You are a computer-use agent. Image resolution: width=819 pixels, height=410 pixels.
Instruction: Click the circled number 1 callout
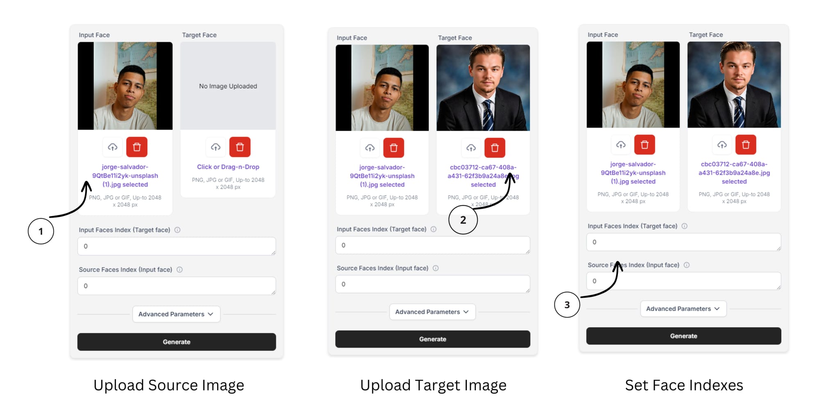(x=41, y=231)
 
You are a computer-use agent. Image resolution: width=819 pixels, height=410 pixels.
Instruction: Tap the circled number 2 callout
(x=463, y=220)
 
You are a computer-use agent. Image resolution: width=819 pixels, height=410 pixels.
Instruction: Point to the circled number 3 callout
(x=567, y=305)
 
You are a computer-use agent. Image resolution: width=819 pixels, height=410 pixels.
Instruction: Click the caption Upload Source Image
(x=169, y=385)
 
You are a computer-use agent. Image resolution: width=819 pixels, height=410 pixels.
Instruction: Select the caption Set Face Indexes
(x=684, y=385)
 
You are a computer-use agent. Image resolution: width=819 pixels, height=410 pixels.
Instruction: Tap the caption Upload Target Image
(x=433, y=385)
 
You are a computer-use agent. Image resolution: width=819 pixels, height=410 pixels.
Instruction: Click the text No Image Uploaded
(x=228, y=86)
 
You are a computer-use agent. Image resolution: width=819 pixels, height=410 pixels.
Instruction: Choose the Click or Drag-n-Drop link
(x=228, y=167)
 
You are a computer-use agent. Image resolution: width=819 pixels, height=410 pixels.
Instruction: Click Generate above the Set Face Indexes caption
(x=684, y=336)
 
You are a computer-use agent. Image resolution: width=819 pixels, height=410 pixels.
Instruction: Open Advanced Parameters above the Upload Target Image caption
(x=432, y=312)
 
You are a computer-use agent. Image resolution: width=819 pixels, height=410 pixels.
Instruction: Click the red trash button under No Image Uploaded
(x=240, y=147)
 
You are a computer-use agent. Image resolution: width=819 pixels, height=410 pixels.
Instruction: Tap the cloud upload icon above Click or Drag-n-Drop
(x=216, y=147)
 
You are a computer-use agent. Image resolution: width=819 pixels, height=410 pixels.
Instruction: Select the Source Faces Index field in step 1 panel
(x=176, y=286)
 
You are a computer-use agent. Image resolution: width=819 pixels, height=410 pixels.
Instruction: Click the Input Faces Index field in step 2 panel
(x=433, y=245)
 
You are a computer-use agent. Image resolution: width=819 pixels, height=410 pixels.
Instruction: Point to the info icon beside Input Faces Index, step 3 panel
(x=684, y=226)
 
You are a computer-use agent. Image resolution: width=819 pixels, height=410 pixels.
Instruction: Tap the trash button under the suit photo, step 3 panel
(x=746, y=144)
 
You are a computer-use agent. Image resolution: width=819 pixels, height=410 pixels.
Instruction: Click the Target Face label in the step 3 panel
(x=706, y=35)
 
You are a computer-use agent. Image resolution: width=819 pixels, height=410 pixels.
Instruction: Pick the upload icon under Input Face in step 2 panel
(x=370, y=148)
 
